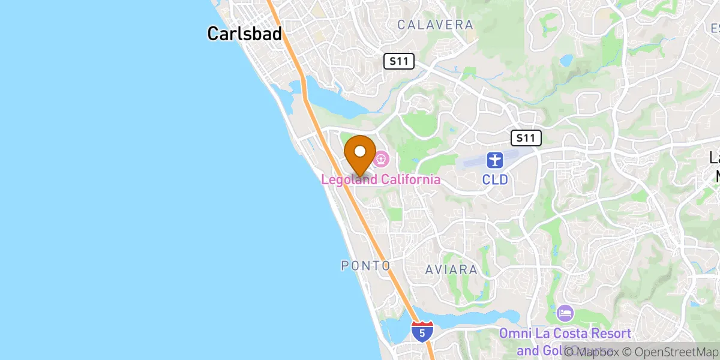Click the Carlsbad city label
pyautogui.click(x=244, y=34)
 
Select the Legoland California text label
pyautogui.click(x=381, y=179)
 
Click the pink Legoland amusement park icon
pyautogui.click(x=381, y=160)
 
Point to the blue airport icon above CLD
pyautogui.click(x=494, y=160)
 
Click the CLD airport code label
pyautogui.click(x=495, y=179)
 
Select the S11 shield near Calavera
pyautogui.click(x=399, y=61)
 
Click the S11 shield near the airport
pyautogui.click(x=526, y=138)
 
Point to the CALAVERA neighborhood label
pyautogui.click(x=435, y=25)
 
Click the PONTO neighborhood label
pyautogui.click(x=366, y=265)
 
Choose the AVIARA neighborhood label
pyautogui.click(x=451, y=270)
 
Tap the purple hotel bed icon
pyautogui.click(x=565, y=313)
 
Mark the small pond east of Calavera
pyautogui.click(x=565, y=61)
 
